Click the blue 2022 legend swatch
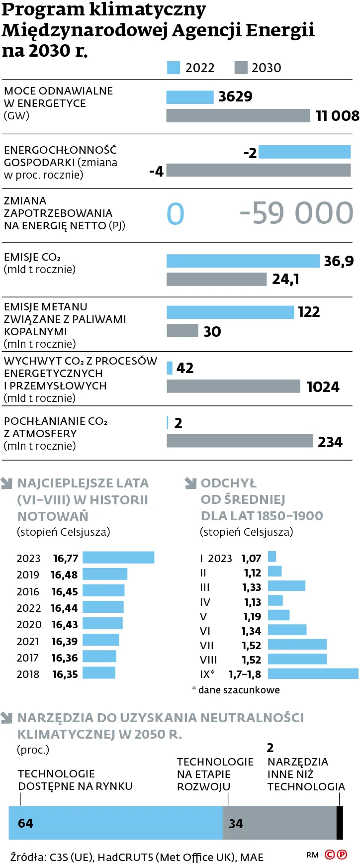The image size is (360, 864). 173,68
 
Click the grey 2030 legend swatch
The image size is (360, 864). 241,68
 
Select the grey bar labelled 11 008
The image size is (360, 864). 238,116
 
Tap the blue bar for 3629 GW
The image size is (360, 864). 189,97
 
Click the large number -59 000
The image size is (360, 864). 296,213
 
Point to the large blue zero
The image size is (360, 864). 176,214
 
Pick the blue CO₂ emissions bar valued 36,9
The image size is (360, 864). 243,261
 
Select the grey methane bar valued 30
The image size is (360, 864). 182,331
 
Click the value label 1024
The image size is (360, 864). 323,387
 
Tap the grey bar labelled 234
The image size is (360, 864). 240,441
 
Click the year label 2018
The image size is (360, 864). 28,674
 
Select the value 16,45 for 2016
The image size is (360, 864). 65,591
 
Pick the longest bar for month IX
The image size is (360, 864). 313,673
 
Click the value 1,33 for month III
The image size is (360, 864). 252,587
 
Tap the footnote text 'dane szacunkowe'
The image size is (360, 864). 239,690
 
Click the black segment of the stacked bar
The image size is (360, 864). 340,823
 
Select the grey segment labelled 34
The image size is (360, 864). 279,823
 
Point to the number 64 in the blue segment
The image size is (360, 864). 25,823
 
